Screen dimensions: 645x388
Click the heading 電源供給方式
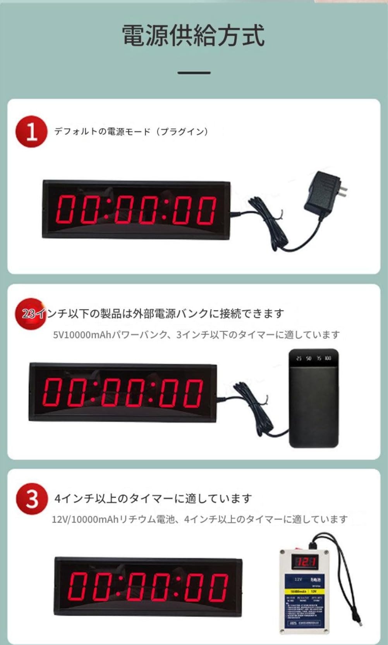point(193,36)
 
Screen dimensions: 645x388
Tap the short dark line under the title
point(194,72)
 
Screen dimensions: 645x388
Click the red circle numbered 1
point(31,132)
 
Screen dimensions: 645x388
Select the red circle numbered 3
point(32,499)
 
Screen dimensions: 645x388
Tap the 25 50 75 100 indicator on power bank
point(313,358)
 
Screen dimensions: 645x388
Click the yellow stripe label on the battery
point(304,592)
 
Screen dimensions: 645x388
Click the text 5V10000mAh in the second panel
point(82,335)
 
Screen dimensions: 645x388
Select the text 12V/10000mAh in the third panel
point(85,519)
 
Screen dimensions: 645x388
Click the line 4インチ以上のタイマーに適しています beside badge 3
point(153,498)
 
